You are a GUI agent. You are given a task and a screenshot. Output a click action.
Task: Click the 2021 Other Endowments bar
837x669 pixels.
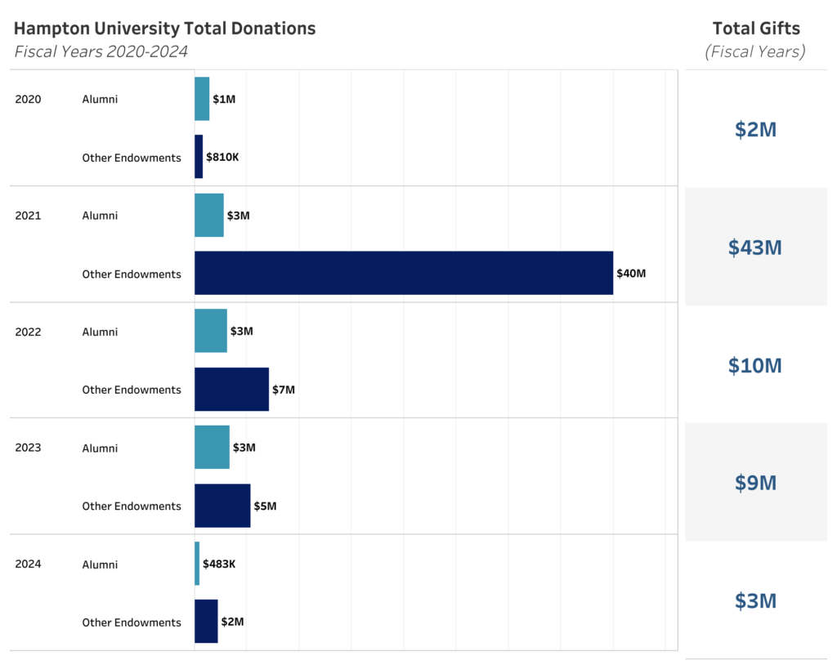[403, 273]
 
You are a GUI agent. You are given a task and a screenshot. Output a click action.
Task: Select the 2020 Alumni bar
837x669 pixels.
[202, 99]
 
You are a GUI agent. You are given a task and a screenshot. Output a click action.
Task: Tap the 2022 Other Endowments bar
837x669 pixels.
[231, 389]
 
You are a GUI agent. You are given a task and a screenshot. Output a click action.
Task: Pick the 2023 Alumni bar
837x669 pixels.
[212, 447]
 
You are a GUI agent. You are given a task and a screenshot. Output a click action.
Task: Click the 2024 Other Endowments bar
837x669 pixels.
[206, 621]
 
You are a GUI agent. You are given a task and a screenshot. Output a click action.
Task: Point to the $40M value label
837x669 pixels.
[631, 274]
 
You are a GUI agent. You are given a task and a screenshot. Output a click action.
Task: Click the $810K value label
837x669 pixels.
[222, 157]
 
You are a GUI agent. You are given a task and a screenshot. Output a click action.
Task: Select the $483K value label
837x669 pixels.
[219, 564]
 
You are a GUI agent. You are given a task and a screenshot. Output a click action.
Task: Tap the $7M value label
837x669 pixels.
[284, 390]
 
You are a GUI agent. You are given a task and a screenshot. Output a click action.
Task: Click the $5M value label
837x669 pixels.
[265, 506]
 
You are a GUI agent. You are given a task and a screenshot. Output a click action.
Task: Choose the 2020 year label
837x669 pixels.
[28, 100]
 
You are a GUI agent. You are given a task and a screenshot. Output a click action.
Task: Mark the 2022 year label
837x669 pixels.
[28, 332]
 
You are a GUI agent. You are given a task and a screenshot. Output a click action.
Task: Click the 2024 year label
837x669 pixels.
[28, 564]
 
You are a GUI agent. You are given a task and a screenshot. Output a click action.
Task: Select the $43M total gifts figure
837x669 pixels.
[755, 248]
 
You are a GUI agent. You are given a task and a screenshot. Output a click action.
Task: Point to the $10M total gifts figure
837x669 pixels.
[755, 365]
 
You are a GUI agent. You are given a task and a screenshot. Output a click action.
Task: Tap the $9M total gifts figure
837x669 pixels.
[755, 483]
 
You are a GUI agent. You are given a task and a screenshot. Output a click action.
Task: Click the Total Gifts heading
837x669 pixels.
[756, 29]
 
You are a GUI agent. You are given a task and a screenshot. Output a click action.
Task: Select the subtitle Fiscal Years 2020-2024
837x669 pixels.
[101, 51]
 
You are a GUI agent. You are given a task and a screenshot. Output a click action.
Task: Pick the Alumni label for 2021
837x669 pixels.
[100, 216]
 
